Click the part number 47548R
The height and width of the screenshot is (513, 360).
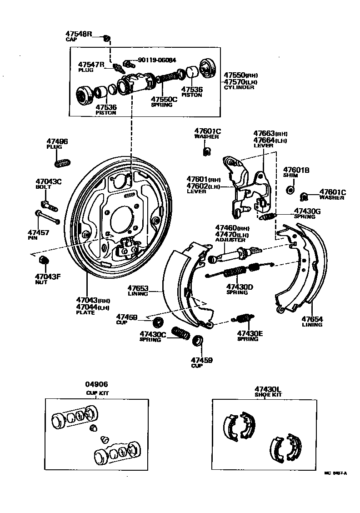79,34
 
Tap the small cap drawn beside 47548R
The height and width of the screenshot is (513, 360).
106,38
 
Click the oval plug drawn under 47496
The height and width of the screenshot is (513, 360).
63,162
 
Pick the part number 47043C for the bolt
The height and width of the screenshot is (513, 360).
48,181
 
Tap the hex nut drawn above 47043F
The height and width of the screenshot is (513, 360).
44,260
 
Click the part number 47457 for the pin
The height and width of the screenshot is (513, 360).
39,232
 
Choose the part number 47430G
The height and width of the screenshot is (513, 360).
307,211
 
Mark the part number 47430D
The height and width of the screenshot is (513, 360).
240,287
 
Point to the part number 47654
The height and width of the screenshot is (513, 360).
312,319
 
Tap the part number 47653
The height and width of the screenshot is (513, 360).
138,288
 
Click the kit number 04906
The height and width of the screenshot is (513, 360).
97,384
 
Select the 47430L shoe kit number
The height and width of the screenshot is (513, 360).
268,389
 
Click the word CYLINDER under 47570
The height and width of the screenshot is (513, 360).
239,87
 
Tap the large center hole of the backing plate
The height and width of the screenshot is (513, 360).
121,220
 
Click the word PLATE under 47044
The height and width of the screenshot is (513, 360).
85,313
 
